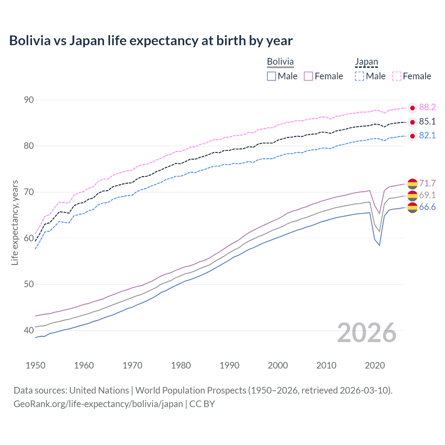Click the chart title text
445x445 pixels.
click(x=151, y=41)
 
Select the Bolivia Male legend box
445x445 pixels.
click(x=272, y=76)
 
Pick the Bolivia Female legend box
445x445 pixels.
click(x=308, y=76)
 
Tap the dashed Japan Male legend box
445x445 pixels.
click(x=359, y=76)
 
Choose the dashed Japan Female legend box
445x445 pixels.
click(x=397, y=76)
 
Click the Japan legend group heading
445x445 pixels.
click(x=366, y=62)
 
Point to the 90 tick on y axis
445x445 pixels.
click(x=29, y=100)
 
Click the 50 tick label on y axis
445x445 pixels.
click(x=29, y=284)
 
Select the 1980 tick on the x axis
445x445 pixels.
click(x=181, y=365)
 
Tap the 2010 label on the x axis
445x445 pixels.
click(x=326, y=365)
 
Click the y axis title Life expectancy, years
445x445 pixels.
click(x=15, y=222)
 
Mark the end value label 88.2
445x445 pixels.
click(x=427, y=107)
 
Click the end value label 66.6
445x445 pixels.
click(x=427, y=207)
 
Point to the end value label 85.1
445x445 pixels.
click(x=427, y=121)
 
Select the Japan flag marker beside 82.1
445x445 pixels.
click(x=412, y=136)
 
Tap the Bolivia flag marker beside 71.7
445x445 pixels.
click(x=412, y=184)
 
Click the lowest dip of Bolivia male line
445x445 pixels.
click(x=379, y=245)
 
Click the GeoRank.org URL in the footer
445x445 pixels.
click(x=98, y=404)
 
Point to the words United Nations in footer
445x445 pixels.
click(x=99, y=390)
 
